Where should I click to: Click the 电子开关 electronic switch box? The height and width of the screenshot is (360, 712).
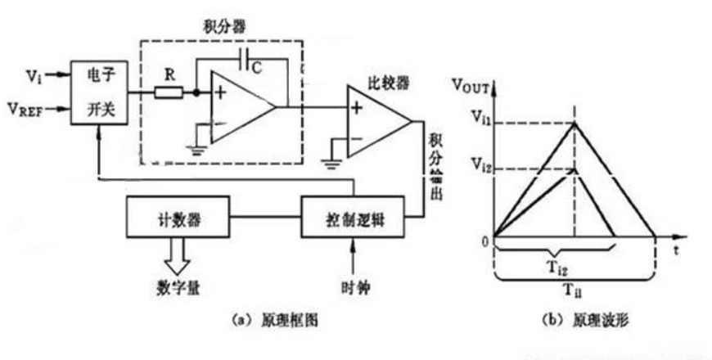[x=99, y=92]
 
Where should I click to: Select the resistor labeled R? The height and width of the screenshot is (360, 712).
[x=170, y=92]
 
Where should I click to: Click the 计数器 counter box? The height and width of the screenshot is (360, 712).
[x=178, y=218]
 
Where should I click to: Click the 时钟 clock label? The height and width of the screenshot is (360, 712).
[x=354, y=289]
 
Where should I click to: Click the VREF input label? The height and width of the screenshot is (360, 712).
[x=28, y=107]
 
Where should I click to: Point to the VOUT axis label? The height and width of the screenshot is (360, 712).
[x=471, y=83]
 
